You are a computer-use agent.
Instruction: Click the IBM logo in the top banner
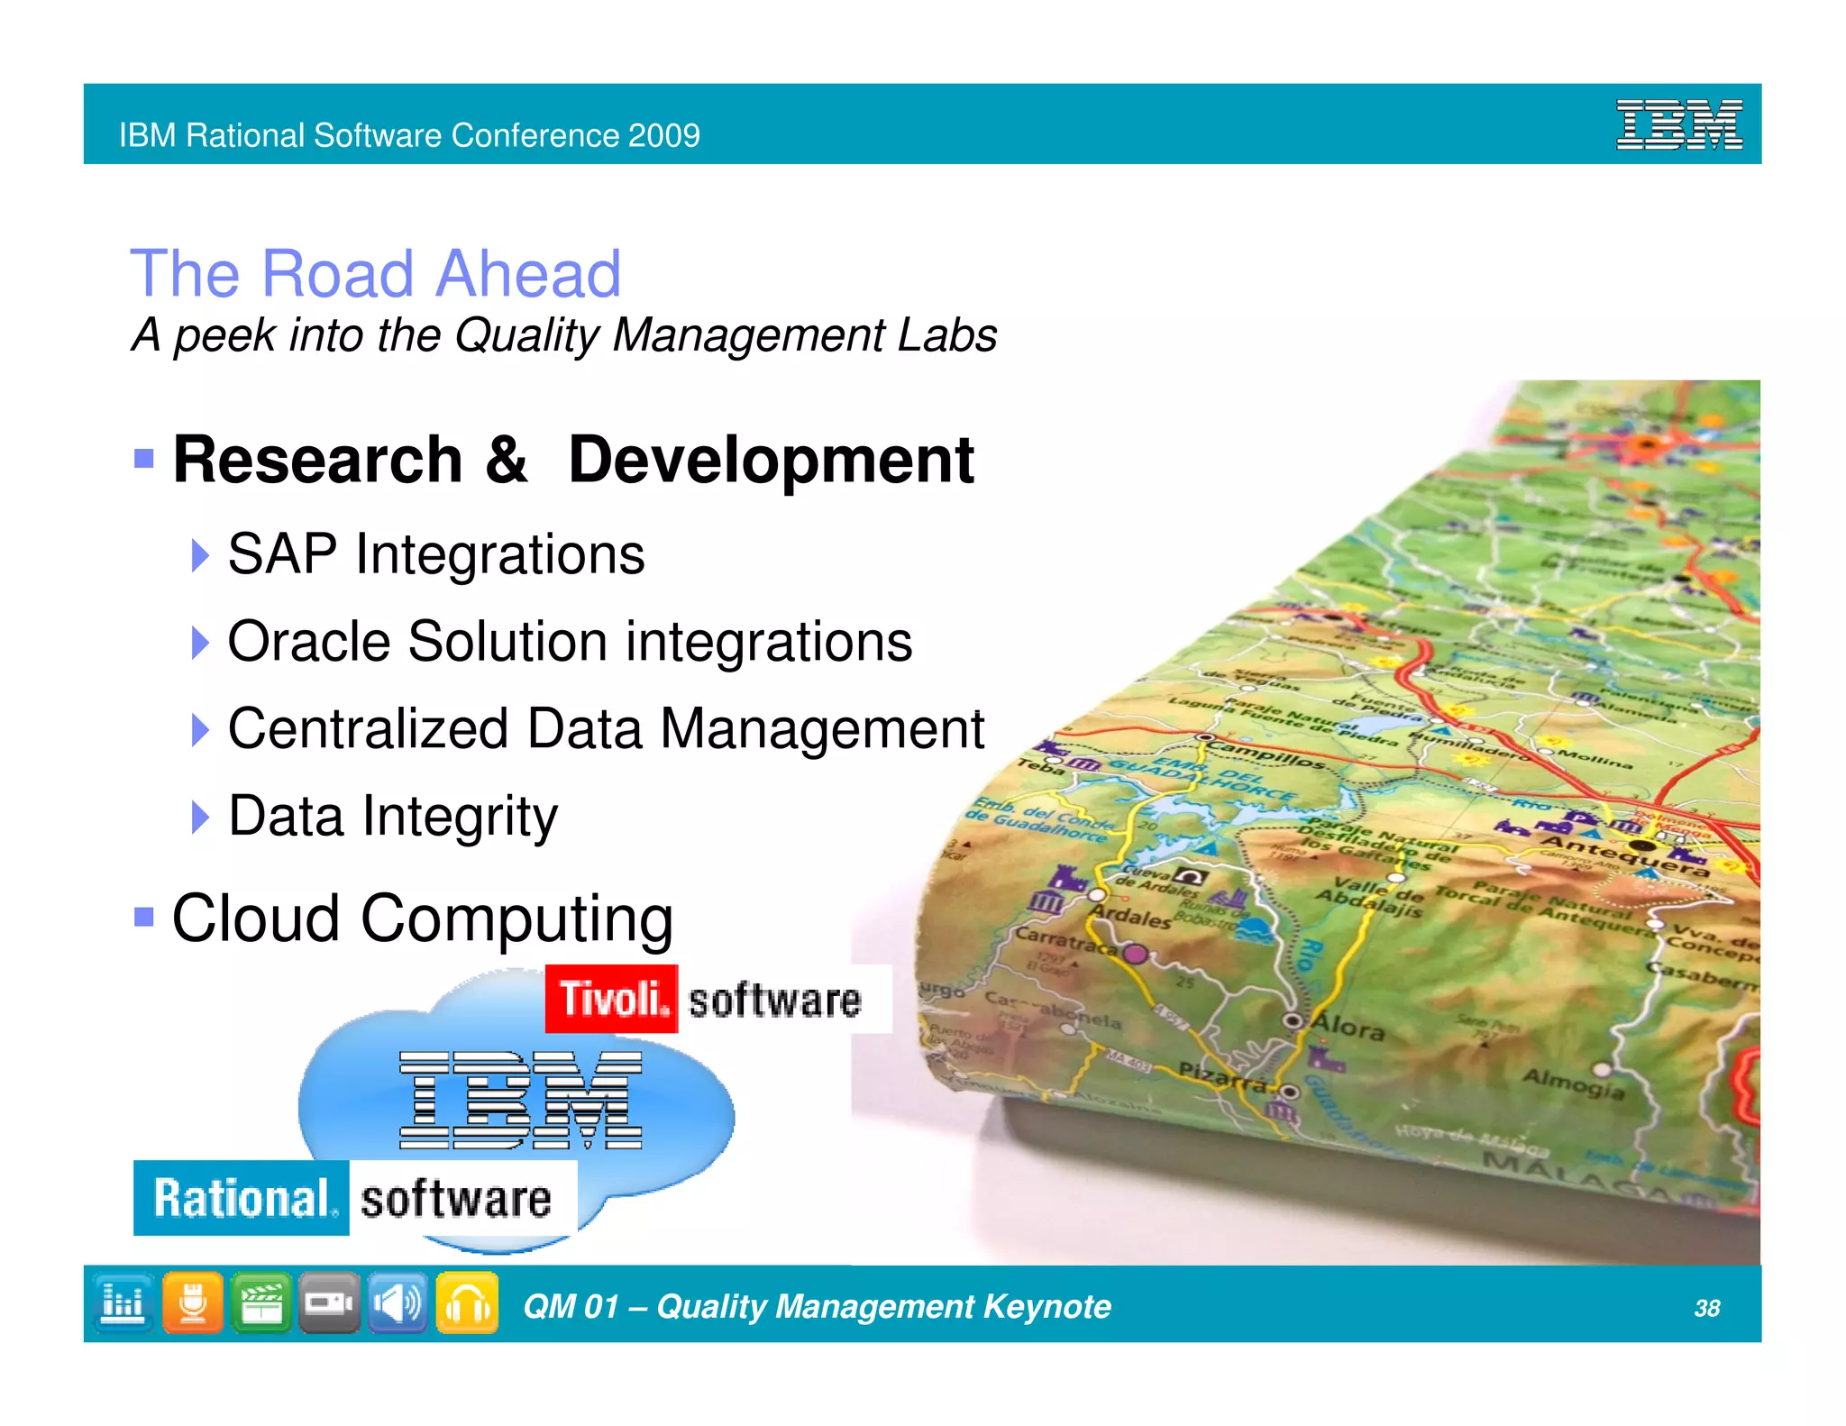(x=1678, y=124)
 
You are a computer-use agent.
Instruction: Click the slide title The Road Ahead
(x=376, y=273)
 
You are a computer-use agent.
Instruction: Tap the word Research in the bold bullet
(x=317, y=460)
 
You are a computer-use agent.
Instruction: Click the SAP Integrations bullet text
(x=436, y=553)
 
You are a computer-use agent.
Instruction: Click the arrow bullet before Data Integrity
(x=200, y=817)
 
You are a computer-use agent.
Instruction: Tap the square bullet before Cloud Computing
(x=143, y=918)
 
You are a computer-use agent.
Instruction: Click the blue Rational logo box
(x=242, y=1198)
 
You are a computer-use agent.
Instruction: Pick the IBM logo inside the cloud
(x=521, y=1101)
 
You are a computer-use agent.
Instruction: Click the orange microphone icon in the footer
(x=192, y=1303)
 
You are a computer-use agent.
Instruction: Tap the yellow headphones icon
(x=467, y=1303)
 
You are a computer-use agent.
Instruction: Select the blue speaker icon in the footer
(x=398, y=1303)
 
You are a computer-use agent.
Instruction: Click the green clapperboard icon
(x=260, y=1303)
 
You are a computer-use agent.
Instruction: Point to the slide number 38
(x=1706, y=1308)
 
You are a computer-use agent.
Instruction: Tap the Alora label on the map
(x=1347, y=1027)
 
